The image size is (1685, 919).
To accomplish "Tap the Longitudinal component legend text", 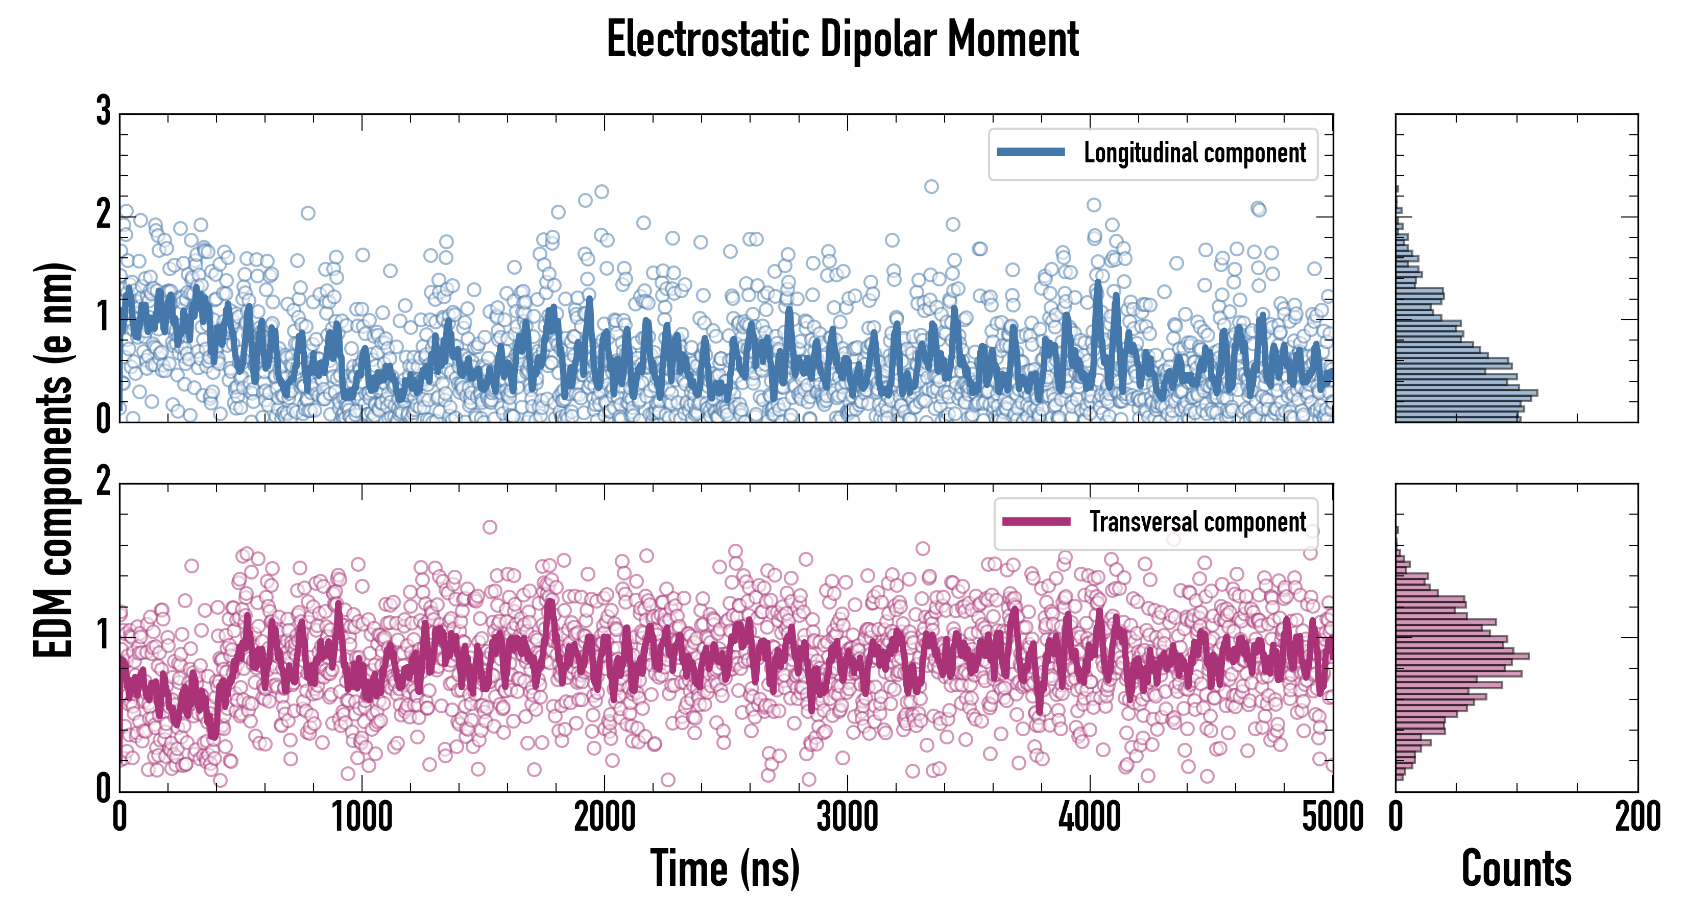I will [1194, 153].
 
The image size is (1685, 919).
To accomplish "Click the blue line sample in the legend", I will [1030, 153].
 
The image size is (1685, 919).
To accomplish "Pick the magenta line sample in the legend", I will [1036, 522].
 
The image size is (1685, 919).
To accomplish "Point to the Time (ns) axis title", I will [725, 868].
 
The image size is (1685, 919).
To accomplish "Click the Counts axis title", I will [1516, 868].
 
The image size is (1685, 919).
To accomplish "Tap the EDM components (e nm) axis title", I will [54, 460].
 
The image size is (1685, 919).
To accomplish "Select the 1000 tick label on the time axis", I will [363, 817].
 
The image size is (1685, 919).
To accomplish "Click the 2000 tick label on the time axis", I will [605, 817].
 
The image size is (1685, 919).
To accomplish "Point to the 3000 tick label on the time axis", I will [848, 817].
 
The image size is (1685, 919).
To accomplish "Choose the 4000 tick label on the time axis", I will [1090, 817].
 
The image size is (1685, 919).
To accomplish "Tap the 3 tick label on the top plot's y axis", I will [103, 111].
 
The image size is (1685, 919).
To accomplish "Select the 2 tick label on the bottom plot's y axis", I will [103, 482].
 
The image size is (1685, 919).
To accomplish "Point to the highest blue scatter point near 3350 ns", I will [931, 186].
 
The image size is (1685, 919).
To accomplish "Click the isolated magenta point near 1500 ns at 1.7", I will [489, 526].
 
